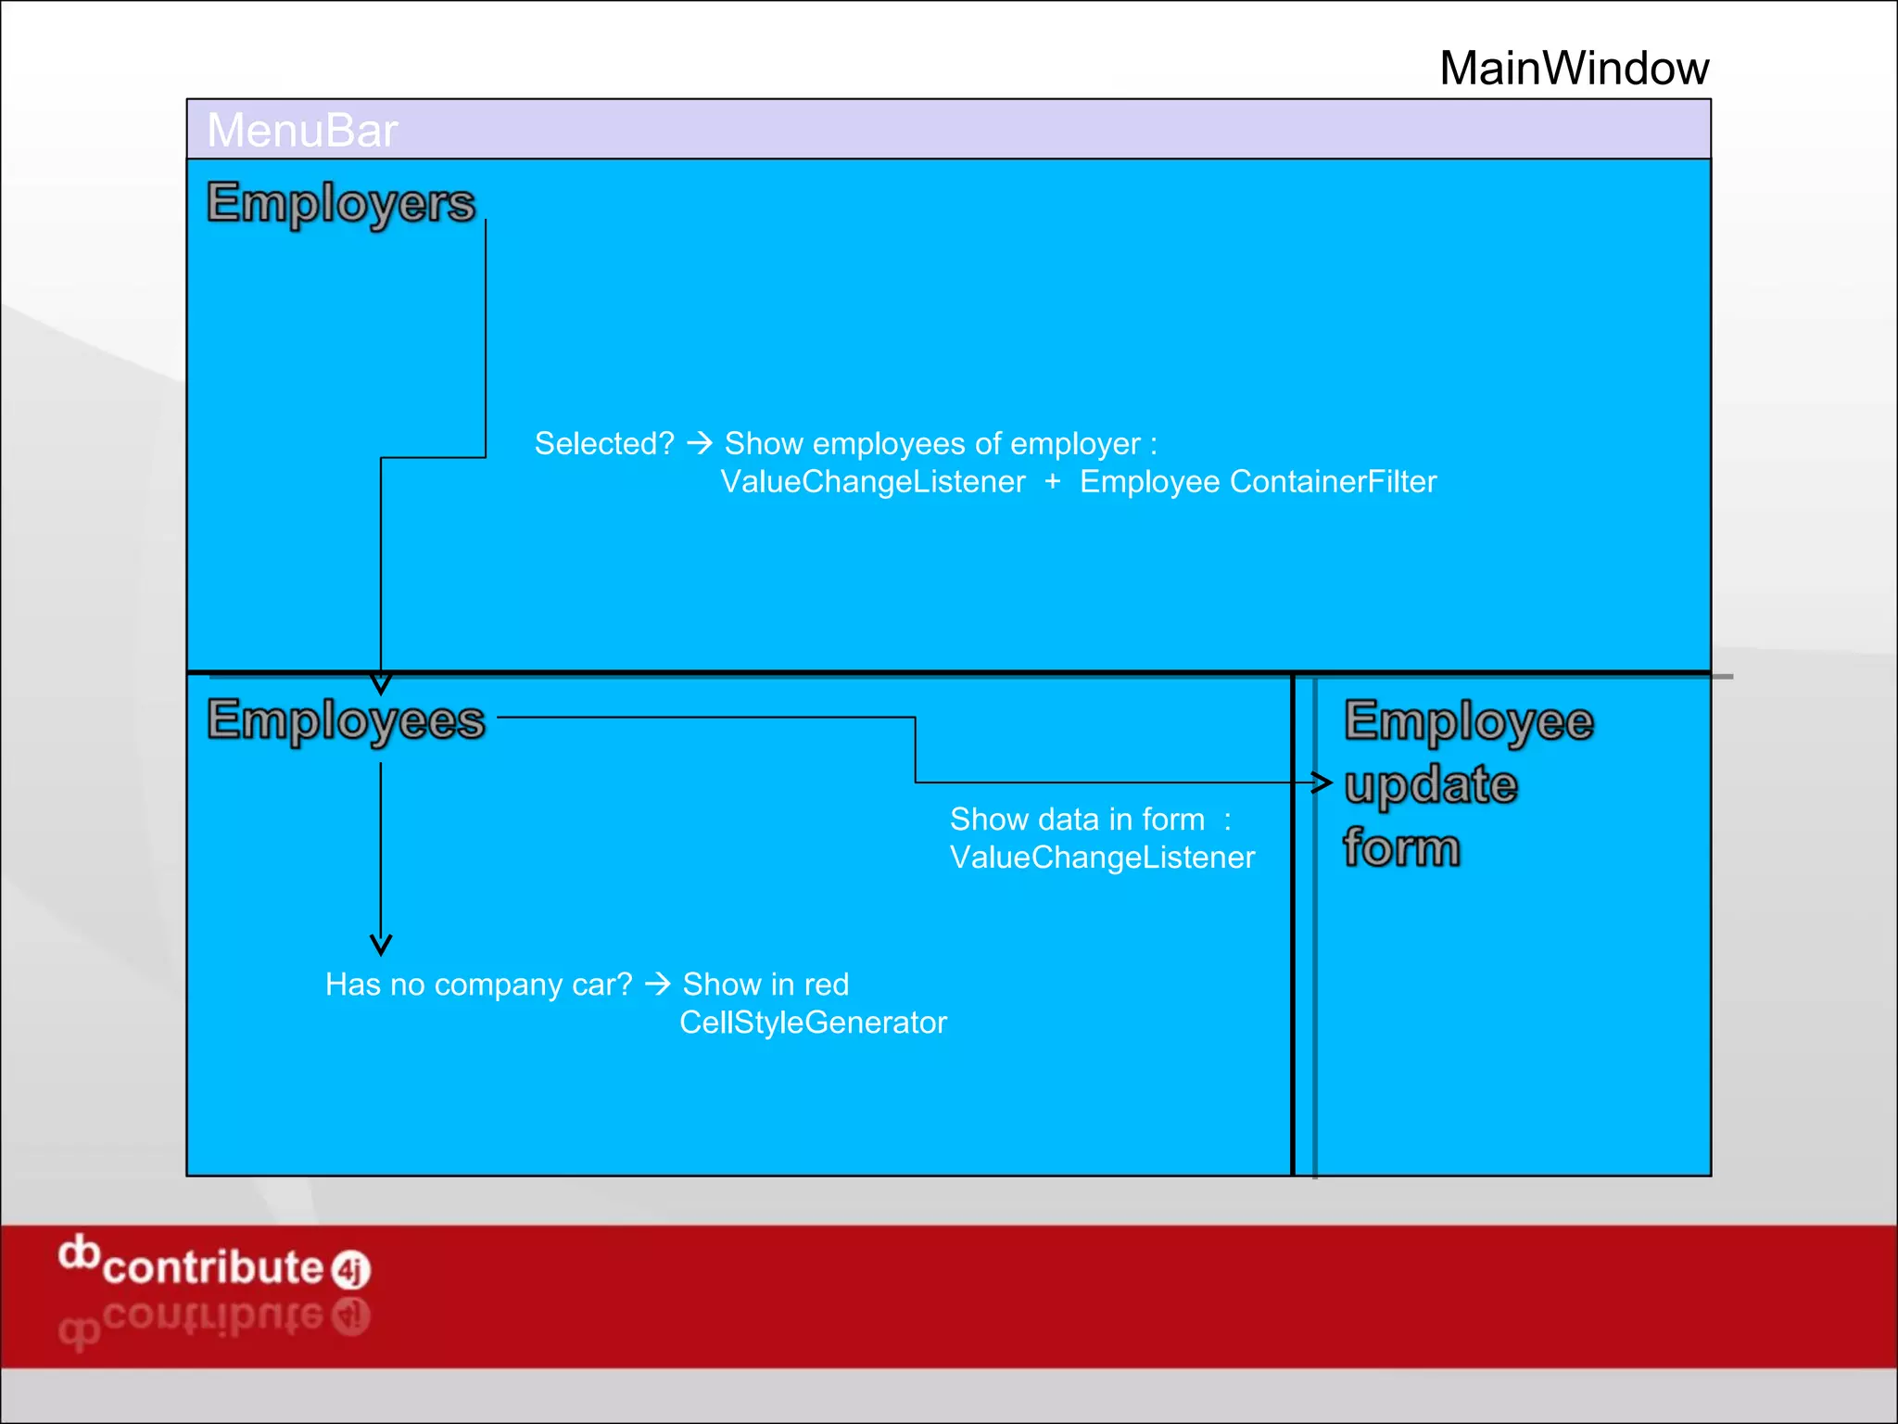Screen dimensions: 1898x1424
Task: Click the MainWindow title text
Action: [x=1574, y=69]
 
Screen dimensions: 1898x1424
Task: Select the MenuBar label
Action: [x=302, y=130]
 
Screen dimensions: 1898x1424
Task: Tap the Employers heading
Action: [x=340, y=203]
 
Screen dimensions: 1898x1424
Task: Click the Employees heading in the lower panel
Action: [x=346, y=720]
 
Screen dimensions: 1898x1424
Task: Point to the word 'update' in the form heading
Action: [x=1430, y=785]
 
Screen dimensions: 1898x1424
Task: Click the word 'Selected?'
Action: [x=604, y=444]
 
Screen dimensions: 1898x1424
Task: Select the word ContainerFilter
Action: [x=1333, y=482]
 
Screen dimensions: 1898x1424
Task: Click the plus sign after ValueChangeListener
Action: [x=1052, y=481]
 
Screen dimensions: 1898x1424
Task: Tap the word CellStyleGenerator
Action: [x=813, y=1023]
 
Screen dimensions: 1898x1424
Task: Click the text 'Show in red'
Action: [x=766, y=985]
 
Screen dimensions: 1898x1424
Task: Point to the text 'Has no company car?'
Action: [x=478, y=985]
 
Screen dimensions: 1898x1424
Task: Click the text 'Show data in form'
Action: [x=1077, y=820]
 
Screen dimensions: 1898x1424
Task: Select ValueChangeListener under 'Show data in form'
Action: [x=1102, y=858]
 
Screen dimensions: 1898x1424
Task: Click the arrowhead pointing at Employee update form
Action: [x=1322, y=782]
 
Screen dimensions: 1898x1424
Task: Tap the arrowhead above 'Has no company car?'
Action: [x=381, y=945]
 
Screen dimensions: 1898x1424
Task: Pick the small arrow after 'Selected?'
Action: [x=700, y=443]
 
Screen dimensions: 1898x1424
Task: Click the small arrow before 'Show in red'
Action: [x=657, y=984]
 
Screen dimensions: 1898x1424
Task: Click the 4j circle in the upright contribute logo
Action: [x=351, y=1270]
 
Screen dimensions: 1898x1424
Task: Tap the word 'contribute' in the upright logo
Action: [x=212, y=1267]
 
